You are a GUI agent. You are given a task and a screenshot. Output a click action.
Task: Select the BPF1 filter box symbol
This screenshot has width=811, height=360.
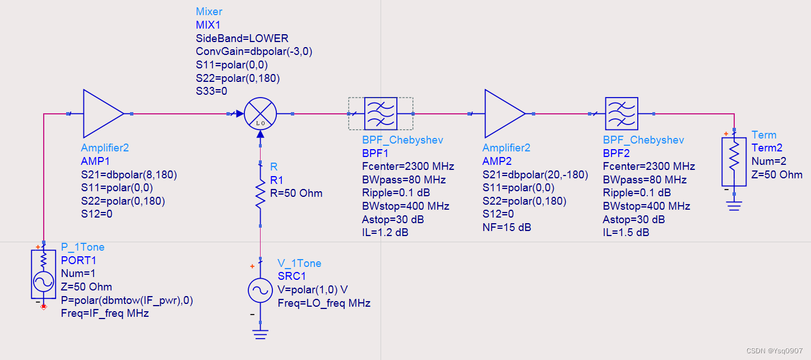[x=381, y=113]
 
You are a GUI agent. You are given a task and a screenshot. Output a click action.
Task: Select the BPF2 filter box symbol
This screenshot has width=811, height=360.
[x=622, y=113]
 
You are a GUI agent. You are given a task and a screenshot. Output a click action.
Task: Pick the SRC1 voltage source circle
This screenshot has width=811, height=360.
[x=260, y=290]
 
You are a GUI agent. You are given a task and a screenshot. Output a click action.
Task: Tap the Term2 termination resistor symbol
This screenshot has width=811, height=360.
[x=734, y=161]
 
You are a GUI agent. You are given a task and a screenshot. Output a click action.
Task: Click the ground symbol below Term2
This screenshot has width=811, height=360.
[x=734, y=206]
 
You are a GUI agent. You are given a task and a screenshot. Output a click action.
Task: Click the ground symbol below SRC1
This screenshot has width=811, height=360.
[x=260, y=334]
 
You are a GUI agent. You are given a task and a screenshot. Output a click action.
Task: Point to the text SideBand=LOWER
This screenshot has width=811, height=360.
[x=242, y=39]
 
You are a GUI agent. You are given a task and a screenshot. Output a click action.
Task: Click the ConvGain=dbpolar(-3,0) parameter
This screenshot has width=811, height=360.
[x=254, y=52]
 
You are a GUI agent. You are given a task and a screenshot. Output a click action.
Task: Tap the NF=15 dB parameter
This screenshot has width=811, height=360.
[x=507, y=227]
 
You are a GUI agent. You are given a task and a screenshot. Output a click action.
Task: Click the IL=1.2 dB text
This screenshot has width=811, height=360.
[x=386, y=232]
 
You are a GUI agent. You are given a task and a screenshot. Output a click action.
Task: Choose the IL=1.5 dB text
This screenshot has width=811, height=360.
[x=626, y=232]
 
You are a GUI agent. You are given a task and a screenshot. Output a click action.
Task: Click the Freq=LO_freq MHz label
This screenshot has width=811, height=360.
[x=324, y=303]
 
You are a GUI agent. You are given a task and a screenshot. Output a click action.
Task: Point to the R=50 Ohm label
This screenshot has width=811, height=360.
[x=296, y=193]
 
